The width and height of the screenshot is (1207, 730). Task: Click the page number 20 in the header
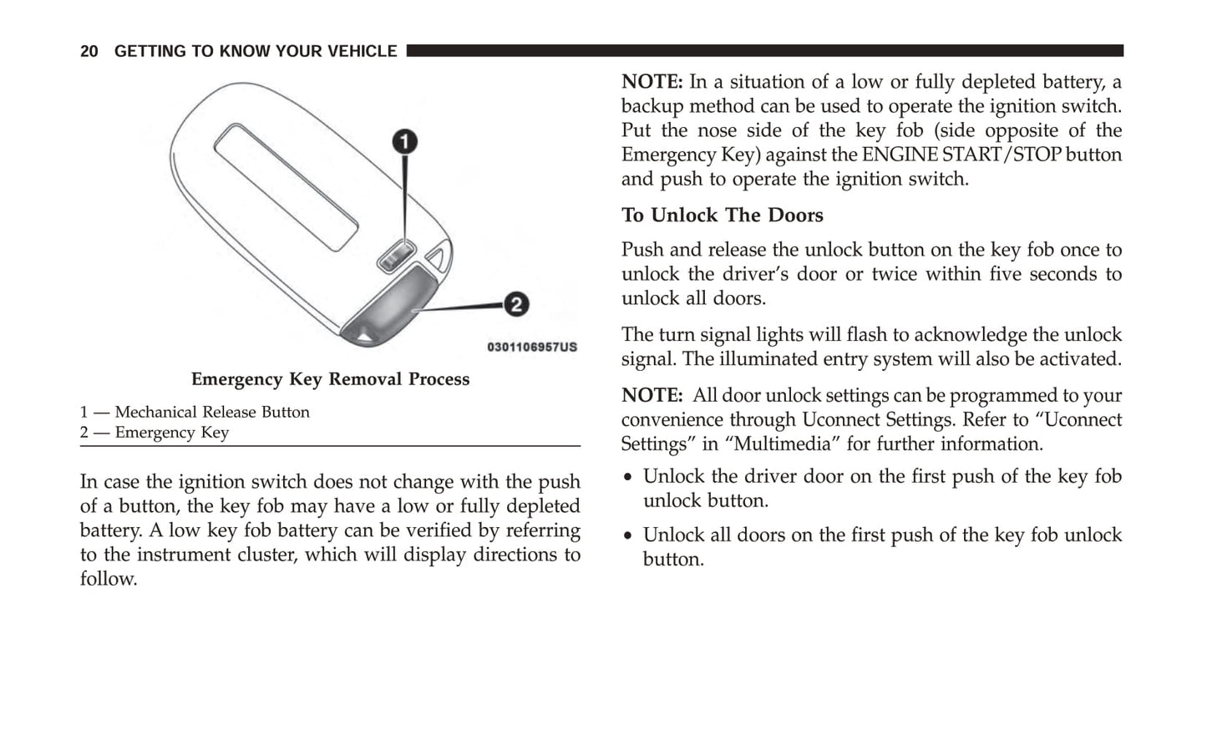pyautogui.click(x=89, y=51)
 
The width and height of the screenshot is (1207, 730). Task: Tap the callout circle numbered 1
pyautogui.click(x=405, y=142)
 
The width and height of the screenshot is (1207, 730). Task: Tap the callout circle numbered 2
pyautogui.click(x=515, y=304)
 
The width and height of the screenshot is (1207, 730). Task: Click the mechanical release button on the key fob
pyautogui.click(x=396, y=256)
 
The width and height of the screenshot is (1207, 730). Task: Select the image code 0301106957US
pyautogui.click(x=531, y=347)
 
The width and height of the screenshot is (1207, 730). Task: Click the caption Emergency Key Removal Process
pyautogui.click(x=330, y=379)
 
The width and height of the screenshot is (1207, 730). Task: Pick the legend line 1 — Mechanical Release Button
pyautogui.click(x=195, y=412)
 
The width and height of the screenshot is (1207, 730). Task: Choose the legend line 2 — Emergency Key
pyautogui.click(x=155, y=433)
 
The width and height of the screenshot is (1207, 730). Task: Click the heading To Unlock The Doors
pyautogui.click(x=722, y=215)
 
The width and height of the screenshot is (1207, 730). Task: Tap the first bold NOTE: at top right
pyautogui.click(x=652, y=82)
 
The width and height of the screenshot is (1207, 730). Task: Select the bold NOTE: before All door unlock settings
pyautogui.click(x=652, y=396)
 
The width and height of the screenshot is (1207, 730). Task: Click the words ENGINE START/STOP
pyautogui.click(x=961, y=155)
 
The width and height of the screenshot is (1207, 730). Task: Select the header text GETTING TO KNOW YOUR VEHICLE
pyautogui.click(x=256, y=51)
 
